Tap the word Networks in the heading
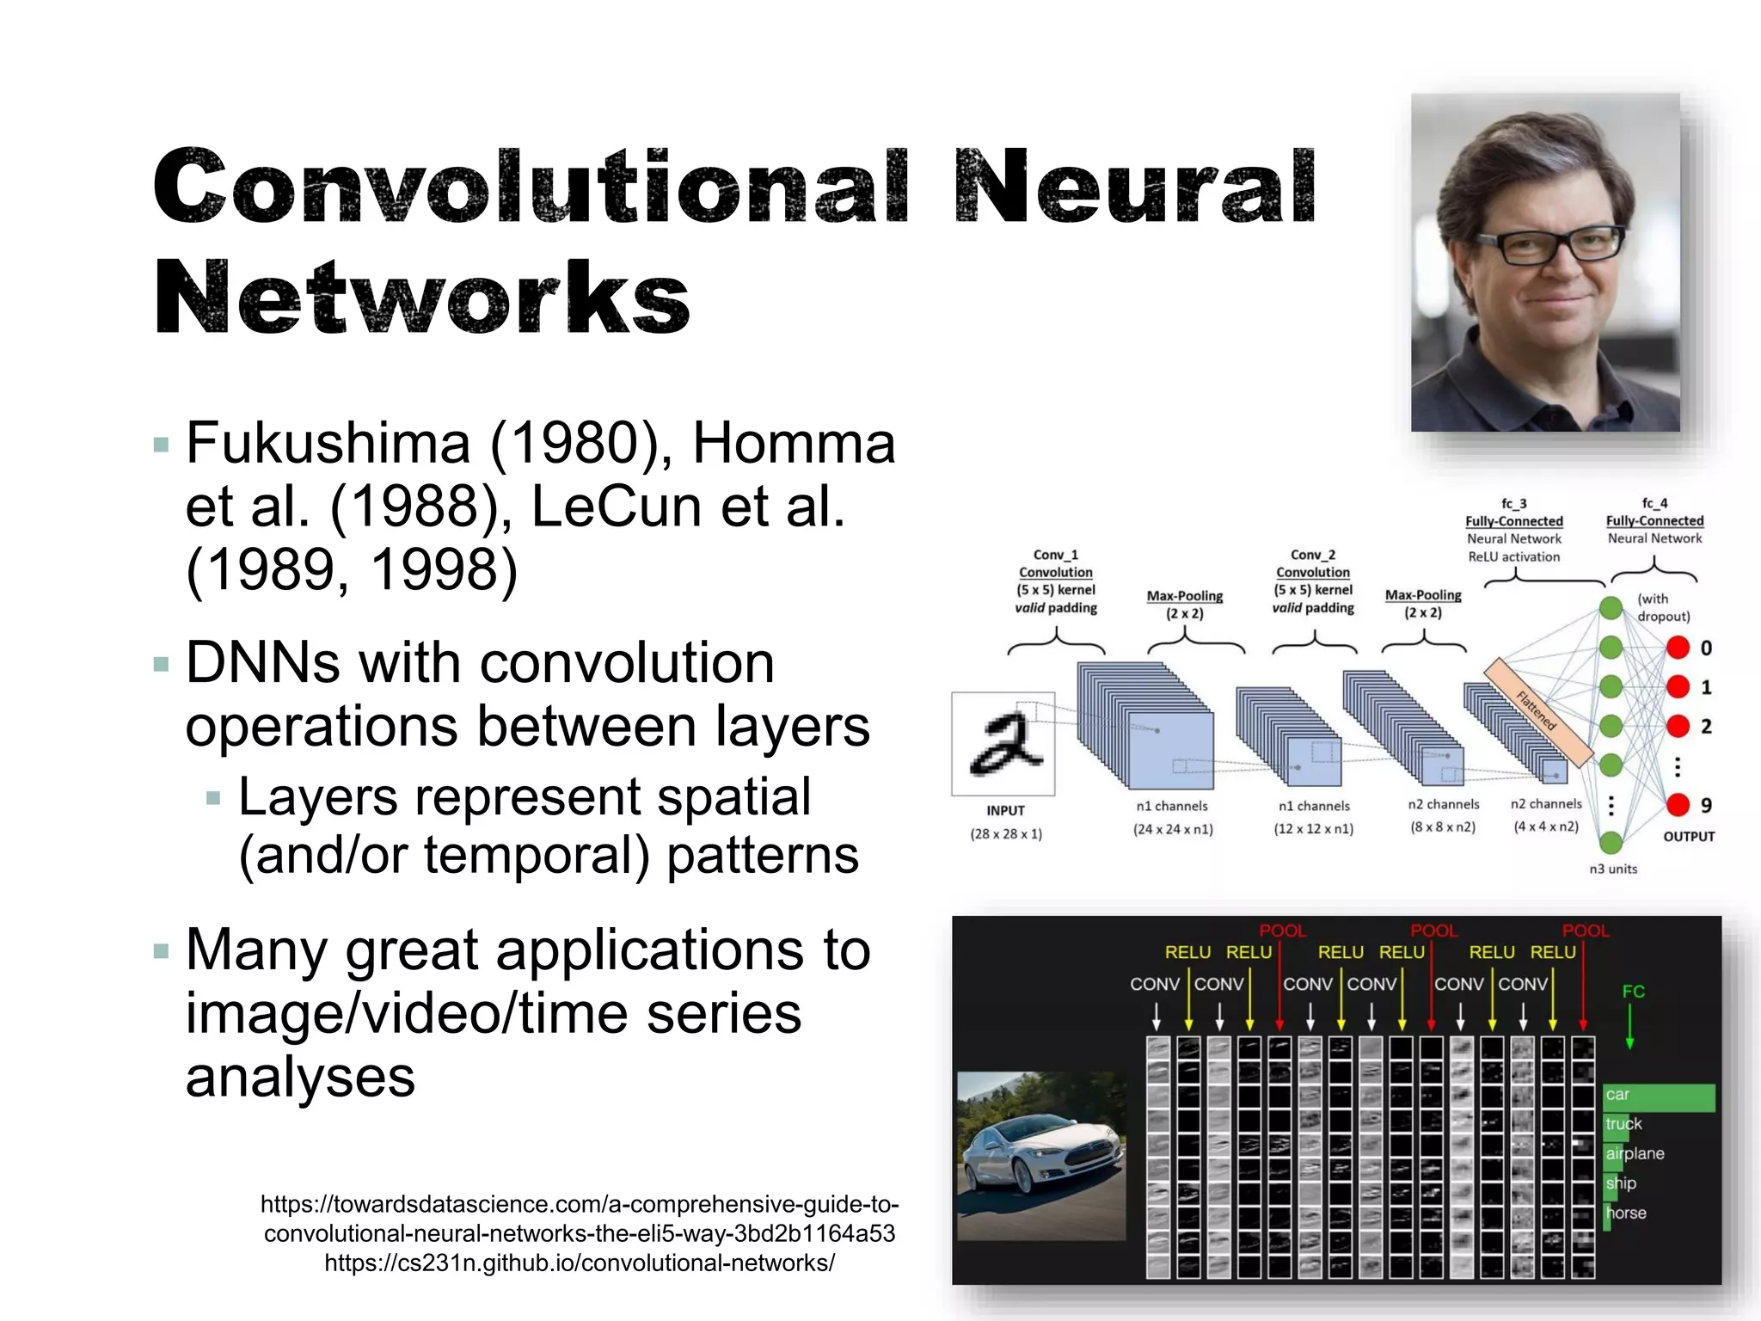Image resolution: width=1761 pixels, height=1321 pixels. pyautogui.click(x=421, y=297)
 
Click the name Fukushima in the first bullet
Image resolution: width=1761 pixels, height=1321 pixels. pyautogui.click(x=327, y=444)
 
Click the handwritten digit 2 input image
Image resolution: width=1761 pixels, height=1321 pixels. pyautogui.click(x=1003, y=744)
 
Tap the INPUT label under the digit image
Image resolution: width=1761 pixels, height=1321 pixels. pyautogui.click(x=1005, y=810)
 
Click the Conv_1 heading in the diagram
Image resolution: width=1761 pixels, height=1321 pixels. pyautogui.click(x=1055, y=555)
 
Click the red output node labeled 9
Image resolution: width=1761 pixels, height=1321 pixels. pyautogui.click(x=1677, y=805)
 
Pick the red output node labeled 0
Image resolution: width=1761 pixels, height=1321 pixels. pyautogui.click(x=1677, y=648)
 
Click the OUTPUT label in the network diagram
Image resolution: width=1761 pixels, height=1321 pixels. pyautogui.click(x=1689, y=836)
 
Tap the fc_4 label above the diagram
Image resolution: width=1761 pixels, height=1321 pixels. pyautogui.click(x=1654, y=503)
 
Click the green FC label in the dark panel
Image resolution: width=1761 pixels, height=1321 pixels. pyautogui.click(x=1633, y=992)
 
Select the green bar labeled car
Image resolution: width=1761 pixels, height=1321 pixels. pyautogui.click(x=1660, y=1097)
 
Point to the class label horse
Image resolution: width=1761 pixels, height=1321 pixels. pyautogui.click(x=1626, y=1213)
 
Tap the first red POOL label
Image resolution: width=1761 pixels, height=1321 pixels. pyautogui.click(x=1282, y=931)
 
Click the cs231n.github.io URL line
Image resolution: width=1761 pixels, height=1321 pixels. pyautogui.click(x=579, y=1263)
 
